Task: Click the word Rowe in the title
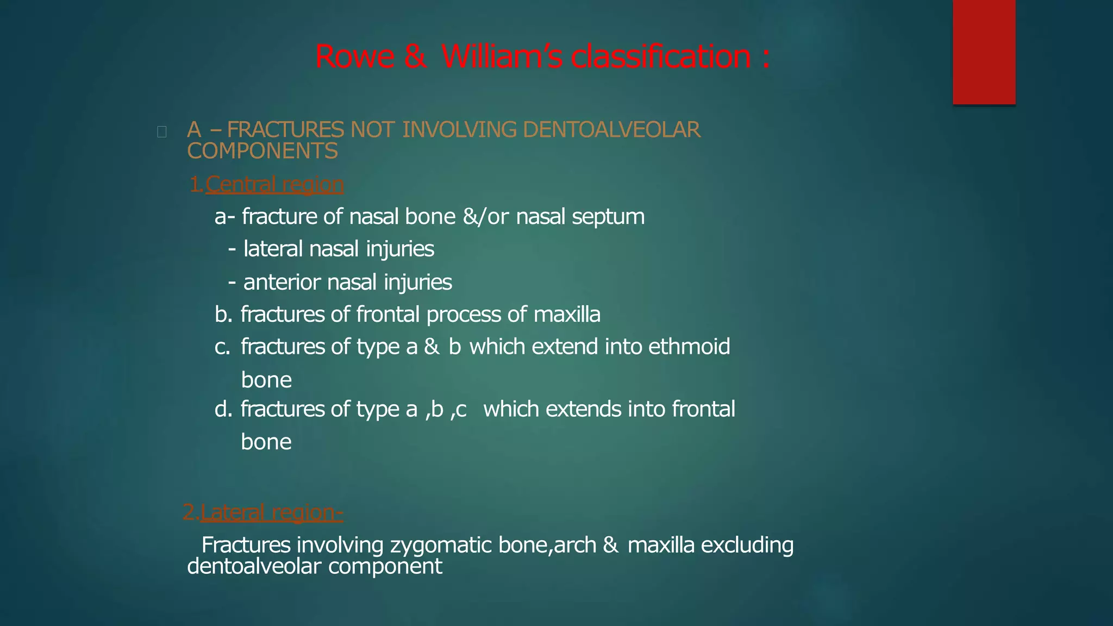pyautogui.click(x=355, y=57)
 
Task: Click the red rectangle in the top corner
pyautogui.click(x=984, y=52)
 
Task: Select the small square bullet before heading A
pyautogui.click(x=161, y=132)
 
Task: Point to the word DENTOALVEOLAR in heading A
pyautogui.click(x=611, y=130)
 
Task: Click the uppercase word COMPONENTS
pyautogui.click(x=262, y=151)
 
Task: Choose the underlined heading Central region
pyautogui.click(x=274, y=185)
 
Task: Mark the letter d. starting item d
pyautogui.click(x=223, y=409)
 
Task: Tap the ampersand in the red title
pyautogui.click(x=416, y=57)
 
